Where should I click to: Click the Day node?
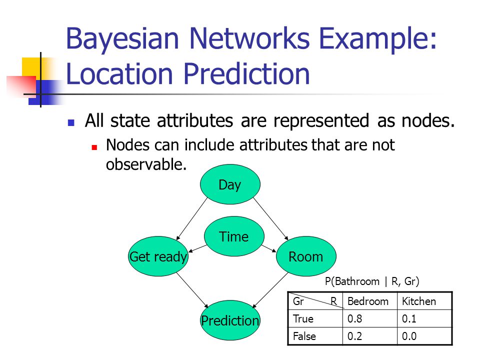pos(230,184)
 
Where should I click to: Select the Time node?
pos(234,236)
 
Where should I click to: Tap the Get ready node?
pos(158,256)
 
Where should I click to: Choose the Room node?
pos(306,256)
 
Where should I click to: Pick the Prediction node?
pos(230,320)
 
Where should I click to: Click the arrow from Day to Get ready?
pos(192,219)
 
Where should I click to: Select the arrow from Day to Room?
pos(271,219)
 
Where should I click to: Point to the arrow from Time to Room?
pos(269,248)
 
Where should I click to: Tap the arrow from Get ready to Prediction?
pos(192,290)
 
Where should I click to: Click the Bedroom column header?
pos(368,301)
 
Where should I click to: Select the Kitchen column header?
pos(419,301)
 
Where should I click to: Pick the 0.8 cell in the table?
pos(355,318)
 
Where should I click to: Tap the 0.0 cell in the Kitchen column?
pos(409,336)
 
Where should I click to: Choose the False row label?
pos(304,336)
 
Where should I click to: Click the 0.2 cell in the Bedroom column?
pos(355,336)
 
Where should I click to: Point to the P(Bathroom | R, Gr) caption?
pos(372,281)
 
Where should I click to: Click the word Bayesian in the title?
pos(122,39)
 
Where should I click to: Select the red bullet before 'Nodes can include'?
pos(94,147)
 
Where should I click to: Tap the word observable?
pos(146,164)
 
